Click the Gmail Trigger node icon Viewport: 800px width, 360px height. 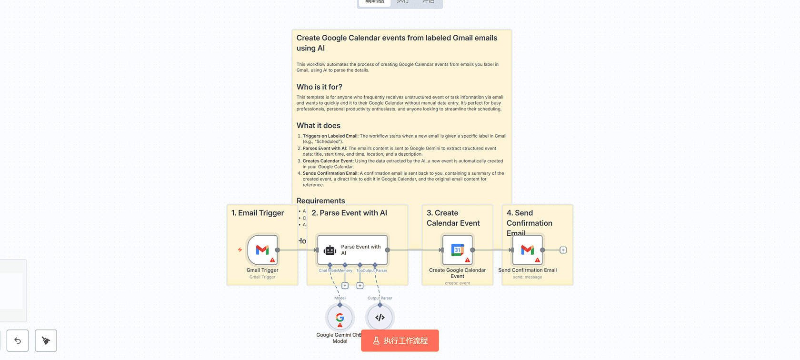pyautogui.click(x=262, y=250)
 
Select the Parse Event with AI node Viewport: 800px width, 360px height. pyautogui.click(x=352, y=250)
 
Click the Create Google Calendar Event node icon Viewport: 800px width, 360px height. pyautogui.click(x=458, y=250)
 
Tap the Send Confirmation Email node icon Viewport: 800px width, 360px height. pyautogui.click(x=528, y=250)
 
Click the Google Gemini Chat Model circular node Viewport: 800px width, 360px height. pyautogui.click(x=340, y=318)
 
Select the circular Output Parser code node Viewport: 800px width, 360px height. pyautogui.click(x=380, y=318)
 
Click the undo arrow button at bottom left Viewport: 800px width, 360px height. pyautogui.click(x=18, y=341)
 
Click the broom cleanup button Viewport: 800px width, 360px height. pyautogui.click(x=46, y=341)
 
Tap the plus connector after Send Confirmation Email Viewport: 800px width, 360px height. pyautogui.click(x=563, y=250)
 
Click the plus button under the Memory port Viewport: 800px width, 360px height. pyautogui.click(x=345, y=286)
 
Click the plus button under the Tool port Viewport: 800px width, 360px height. pyautogui.click(x=360, y=286)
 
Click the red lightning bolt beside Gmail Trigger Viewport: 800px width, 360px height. pyautogui.click(x=240, y=250)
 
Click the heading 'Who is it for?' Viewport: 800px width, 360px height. pyautogui.click(x=320, y=87)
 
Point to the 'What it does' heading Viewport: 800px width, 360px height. pyautogui.click(x=319, y=126)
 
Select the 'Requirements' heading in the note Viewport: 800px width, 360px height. pyautogui.click(x=321, y=200)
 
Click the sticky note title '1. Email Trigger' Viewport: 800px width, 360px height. pyautogui.click(x=258, y=213)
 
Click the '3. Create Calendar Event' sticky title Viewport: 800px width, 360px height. pyautogui.click(x=453, y=218)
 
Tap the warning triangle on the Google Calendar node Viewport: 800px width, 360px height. pyautogui.click(x=468, y=260)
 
